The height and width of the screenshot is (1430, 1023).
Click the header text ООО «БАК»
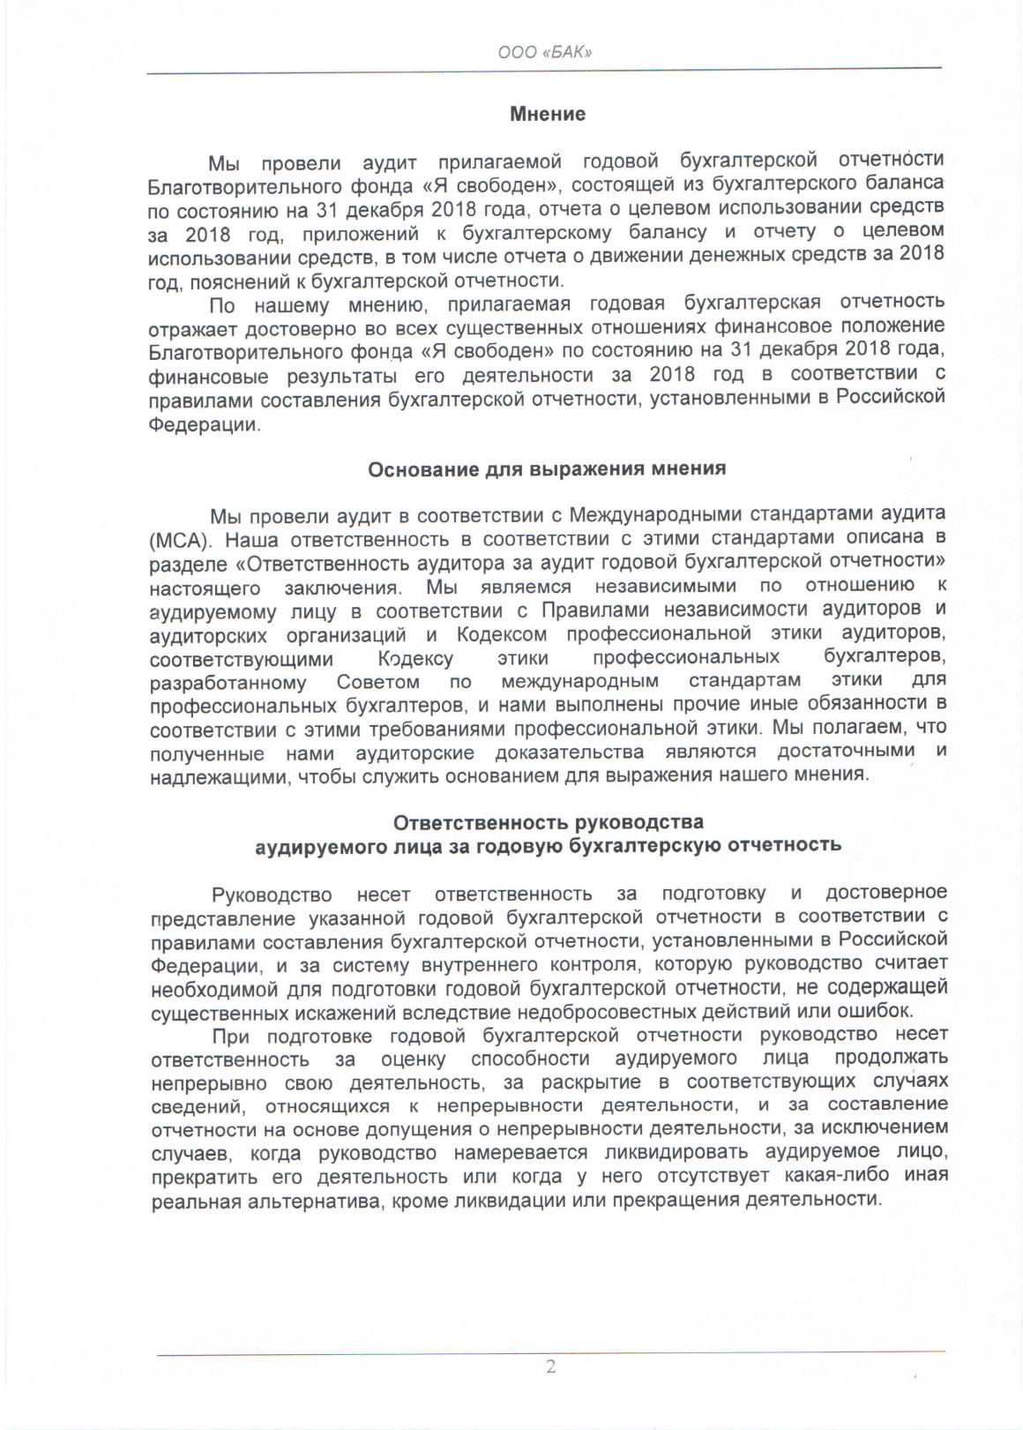tap(544, 52)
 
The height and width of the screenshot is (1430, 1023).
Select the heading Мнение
tap(548, 114)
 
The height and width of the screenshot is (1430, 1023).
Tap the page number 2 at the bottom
tap(550, 1368)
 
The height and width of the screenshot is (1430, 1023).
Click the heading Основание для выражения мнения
tap(547, 468)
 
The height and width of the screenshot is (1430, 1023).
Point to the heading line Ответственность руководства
tap(548, 822)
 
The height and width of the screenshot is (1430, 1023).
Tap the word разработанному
tap(228, 683)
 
